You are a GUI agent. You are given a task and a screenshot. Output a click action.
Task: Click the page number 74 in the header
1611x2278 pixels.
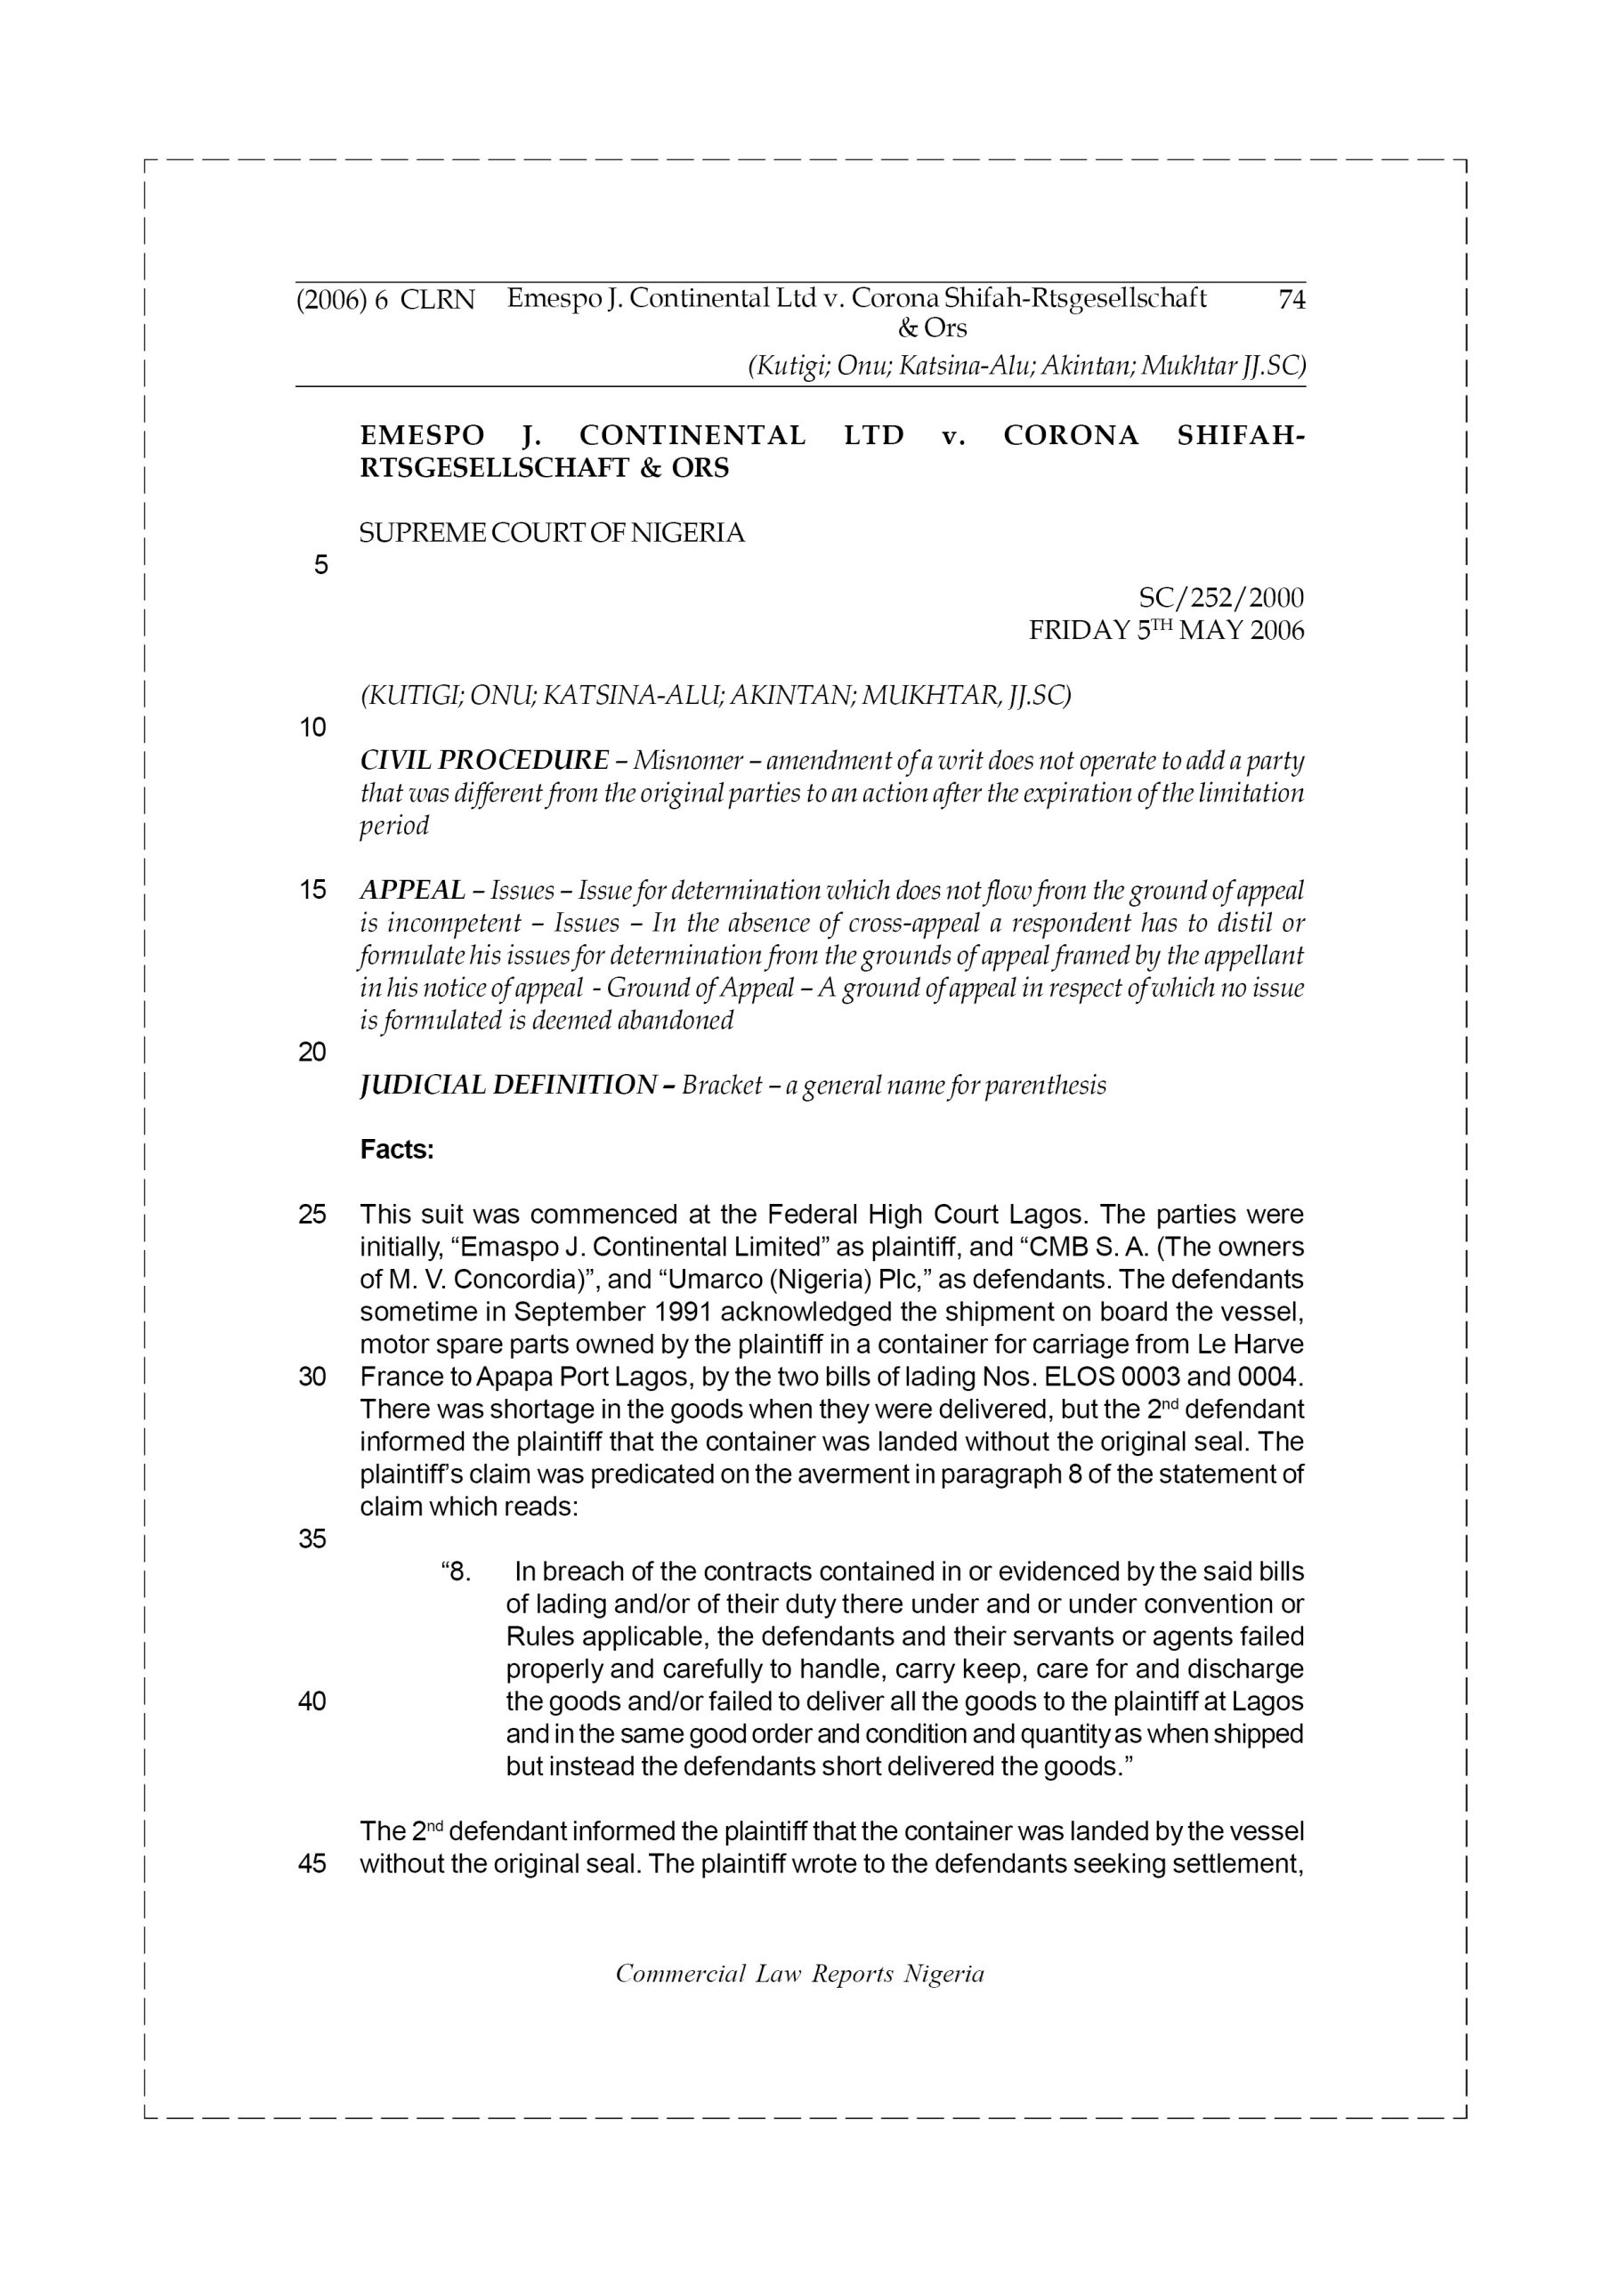[1291, 300]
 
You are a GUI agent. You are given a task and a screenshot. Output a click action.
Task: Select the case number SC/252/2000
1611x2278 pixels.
[1221, 598]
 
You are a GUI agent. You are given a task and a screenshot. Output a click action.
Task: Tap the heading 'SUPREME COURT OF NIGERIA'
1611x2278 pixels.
[551, 534]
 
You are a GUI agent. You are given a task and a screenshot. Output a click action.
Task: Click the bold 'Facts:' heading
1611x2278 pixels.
[397, 1150]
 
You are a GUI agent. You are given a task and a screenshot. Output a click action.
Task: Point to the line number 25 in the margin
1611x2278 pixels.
[312, 1215]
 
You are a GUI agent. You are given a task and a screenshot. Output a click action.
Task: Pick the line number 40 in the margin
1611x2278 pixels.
[312, 1701]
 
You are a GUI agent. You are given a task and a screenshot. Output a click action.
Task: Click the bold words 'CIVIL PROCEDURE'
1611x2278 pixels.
[484, 761]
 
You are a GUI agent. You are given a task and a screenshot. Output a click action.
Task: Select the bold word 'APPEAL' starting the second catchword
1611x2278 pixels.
[412, 890]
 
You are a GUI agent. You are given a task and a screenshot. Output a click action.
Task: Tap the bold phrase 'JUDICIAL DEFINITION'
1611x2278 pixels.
[507, 1086]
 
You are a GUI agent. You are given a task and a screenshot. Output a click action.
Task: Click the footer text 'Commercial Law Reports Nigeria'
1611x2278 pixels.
[800, 1974]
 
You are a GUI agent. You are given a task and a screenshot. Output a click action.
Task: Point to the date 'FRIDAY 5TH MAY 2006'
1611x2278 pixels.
[1166, 631]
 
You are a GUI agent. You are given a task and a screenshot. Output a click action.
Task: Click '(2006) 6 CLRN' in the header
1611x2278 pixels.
[386, 300]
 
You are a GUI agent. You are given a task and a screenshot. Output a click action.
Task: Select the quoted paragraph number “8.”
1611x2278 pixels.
[456, 1571]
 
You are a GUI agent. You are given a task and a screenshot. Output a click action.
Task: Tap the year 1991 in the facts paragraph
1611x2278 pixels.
[683, 1312]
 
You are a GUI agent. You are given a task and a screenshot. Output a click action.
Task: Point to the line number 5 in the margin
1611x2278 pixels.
[320, 566]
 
